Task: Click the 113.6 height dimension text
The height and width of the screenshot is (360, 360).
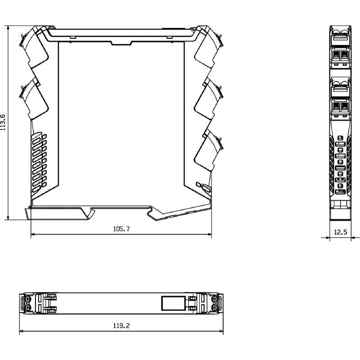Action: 4,122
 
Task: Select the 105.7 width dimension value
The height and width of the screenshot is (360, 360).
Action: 121,229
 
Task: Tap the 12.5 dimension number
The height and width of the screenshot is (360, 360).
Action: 341,232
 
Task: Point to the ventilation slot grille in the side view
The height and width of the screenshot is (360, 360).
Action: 40,160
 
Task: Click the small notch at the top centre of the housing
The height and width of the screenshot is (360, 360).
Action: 121,43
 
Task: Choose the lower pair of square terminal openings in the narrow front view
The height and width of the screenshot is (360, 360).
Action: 341,107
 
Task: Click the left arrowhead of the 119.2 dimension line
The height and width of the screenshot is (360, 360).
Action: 21,333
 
